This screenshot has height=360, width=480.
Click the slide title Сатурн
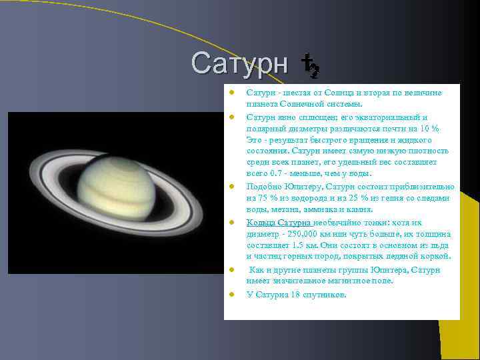pyautogui.click(x=239, y=63)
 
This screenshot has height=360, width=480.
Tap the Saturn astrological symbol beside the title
pyautogui.click(x=310, y=65)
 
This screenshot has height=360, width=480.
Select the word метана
pyautogui.click(x=290, y=210)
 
